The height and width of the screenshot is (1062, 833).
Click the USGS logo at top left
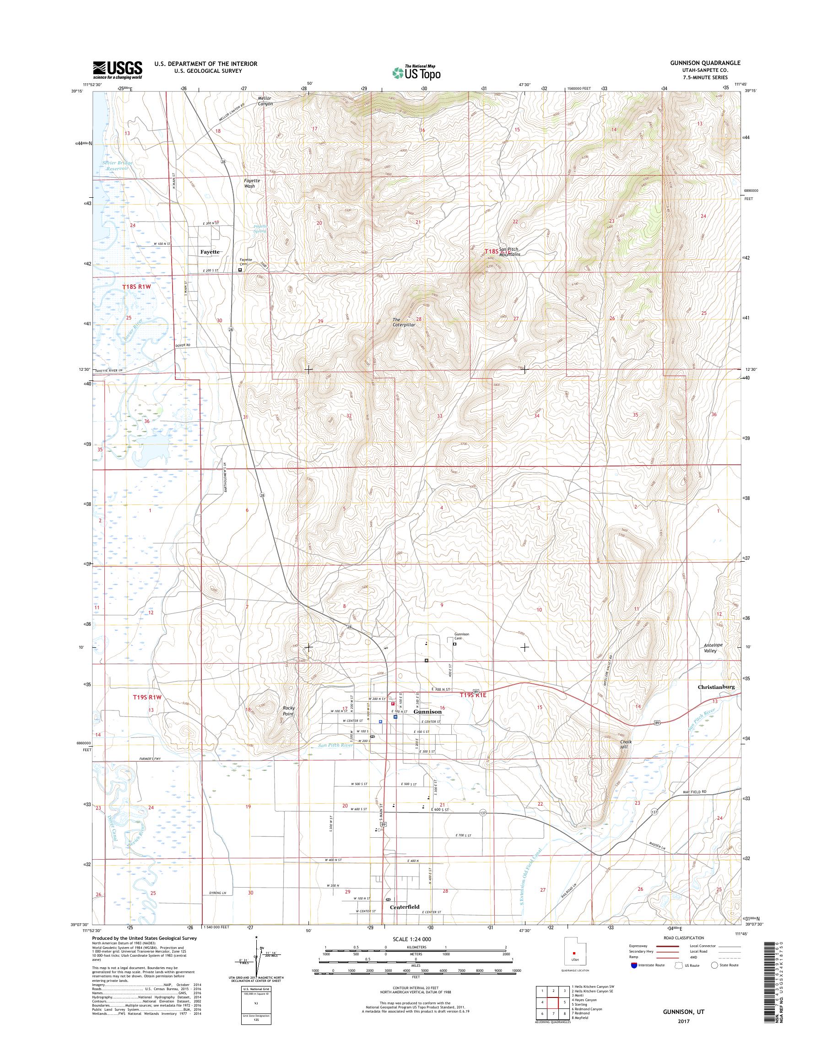coord(118,70)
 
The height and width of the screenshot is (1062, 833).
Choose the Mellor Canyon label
coord(265,101)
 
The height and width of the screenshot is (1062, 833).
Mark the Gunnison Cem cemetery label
coord(461,636)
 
